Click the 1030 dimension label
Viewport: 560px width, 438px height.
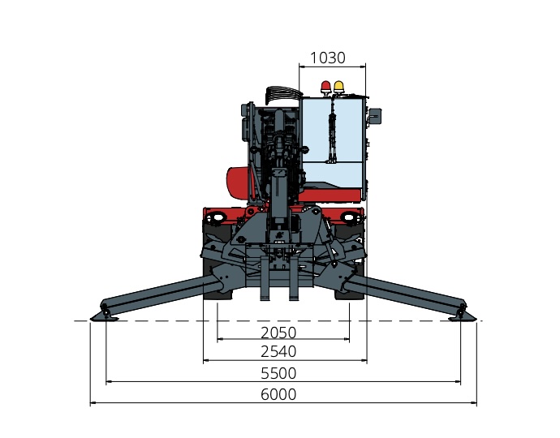[x=328, y=58]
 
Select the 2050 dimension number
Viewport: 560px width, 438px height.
[x=278, y=333]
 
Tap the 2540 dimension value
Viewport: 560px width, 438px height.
[x=278, y=351]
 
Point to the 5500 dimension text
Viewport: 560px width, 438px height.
[x=278, y=373]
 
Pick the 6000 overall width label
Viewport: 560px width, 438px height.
[x=278, y=394]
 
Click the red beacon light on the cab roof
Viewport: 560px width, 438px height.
[x=325, y=88]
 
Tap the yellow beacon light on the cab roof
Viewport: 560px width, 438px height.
[x=338, y=88]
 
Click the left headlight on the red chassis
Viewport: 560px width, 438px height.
[x=216, y=217]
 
